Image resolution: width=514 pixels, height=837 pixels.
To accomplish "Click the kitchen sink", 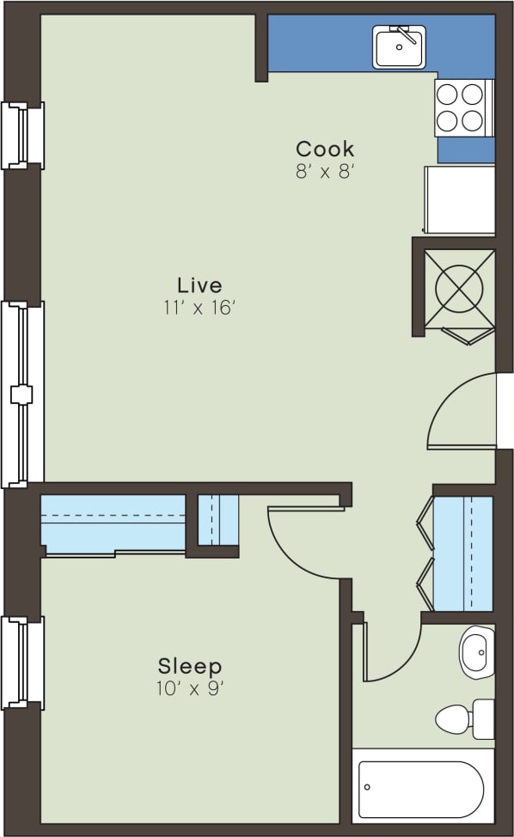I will [x=399, y=46].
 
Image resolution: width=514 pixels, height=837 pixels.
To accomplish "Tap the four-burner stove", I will [x=463, y=107].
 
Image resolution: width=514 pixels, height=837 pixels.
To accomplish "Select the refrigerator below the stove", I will [x=460, y=199].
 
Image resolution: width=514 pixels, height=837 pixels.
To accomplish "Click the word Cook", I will [x=325, y=149].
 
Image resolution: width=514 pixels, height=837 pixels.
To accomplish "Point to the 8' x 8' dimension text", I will [x=325, y=171].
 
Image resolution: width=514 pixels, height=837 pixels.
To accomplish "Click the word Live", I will [x=199, y=284].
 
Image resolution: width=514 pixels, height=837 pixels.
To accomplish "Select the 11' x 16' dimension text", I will [x=199, y=308].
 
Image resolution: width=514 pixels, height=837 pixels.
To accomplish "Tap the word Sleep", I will [x=190, y=666].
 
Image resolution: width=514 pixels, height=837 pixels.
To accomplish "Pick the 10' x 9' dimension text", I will [x=190, y=687].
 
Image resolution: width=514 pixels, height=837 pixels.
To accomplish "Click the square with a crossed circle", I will [x=464, y=286].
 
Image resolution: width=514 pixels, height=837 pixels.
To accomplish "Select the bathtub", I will [x=421, y=788].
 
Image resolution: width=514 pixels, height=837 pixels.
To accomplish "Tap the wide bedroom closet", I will [x=113, y=524].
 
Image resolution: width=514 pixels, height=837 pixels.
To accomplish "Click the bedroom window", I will [x=22, y=663].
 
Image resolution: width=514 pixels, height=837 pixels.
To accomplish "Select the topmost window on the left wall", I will [x=22, y=135].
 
